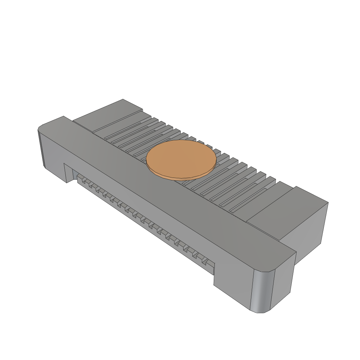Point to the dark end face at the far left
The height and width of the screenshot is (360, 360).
point(41,149)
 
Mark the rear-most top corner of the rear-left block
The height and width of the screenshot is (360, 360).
point(123,99)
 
